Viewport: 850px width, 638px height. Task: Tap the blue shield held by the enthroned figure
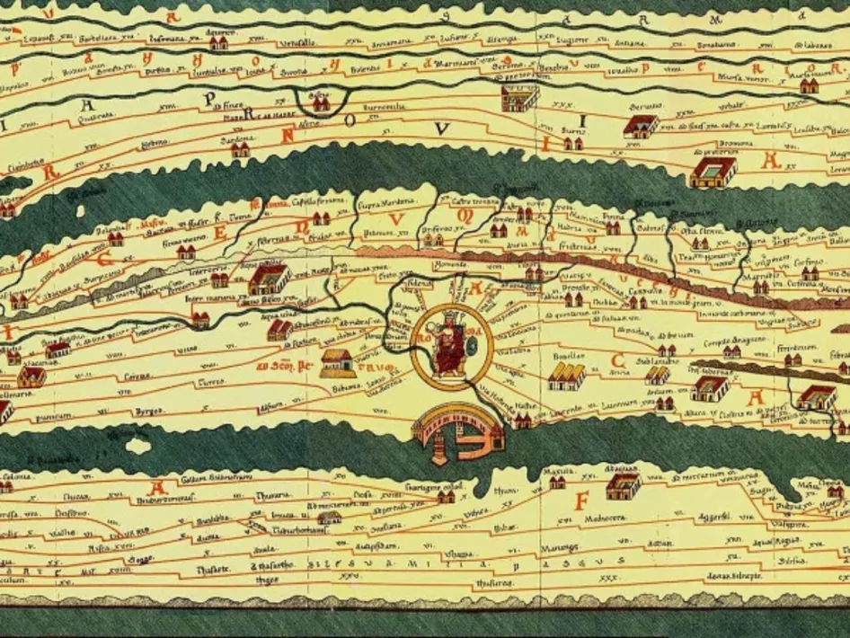(467, 344)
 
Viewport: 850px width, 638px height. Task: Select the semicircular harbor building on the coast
(456, 430)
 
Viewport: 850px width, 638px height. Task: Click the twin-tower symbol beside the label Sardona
(240, 151)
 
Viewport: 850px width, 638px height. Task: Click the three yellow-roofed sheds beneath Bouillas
(566, 376)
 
